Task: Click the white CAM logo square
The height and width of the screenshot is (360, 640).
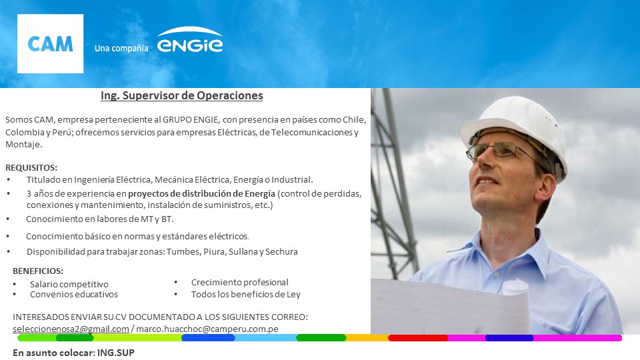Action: point(50,44)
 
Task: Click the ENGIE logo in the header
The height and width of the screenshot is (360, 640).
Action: point(190,40)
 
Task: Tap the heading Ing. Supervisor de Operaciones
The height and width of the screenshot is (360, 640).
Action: point(181,95)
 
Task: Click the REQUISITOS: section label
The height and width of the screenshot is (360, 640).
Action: point(31,168)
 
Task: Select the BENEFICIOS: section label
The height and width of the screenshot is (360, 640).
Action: point(38,271)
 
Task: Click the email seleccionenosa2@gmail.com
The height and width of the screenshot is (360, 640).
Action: point(71,329)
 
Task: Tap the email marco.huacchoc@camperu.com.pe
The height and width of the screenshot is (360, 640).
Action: point(207,329)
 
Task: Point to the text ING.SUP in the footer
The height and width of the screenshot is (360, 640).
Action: point(116,353)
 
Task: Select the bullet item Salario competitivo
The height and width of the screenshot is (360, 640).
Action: point(69,284)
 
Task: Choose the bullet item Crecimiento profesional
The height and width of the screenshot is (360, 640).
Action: point(239,283)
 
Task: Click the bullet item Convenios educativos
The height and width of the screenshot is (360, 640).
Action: point(74,294)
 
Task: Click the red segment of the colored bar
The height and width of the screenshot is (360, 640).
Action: point(418,338)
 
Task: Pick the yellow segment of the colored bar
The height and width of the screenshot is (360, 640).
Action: point(367,338)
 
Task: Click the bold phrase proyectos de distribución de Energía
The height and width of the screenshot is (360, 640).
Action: point(201,193)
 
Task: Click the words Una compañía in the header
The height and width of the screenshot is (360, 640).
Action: point(121,48)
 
